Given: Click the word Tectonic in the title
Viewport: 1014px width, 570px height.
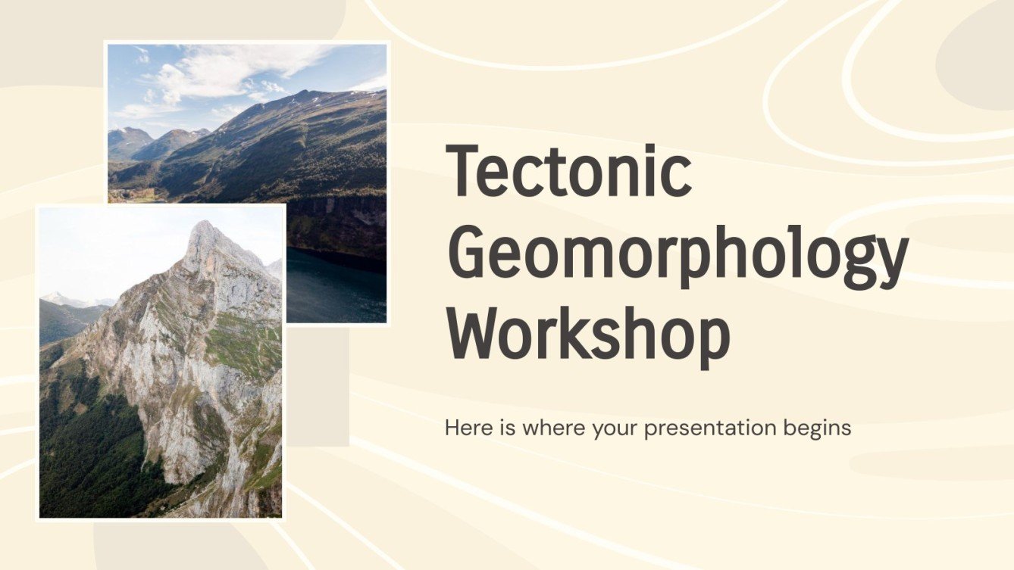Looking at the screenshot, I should click(x=568, y=172).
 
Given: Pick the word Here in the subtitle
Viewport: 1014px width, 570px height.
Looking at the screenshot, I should click(x=463, y=428).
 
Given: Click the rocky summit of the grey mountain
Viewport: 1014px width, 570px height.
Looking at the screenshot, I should click(x=202, y=231).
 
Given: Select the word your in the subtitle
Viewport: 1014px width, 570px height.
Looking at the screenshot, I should click(x=615, y=429).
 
